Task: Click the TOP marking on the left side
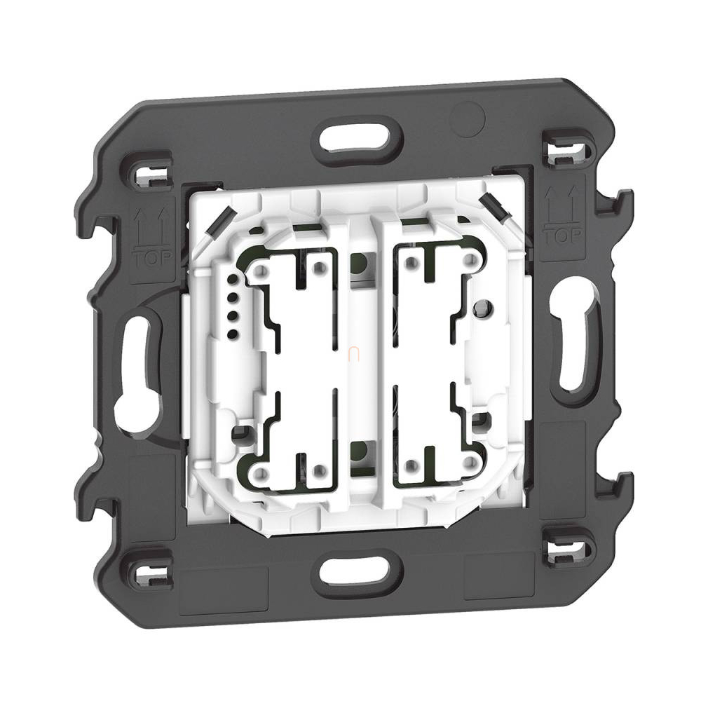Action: pos(153,258)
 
